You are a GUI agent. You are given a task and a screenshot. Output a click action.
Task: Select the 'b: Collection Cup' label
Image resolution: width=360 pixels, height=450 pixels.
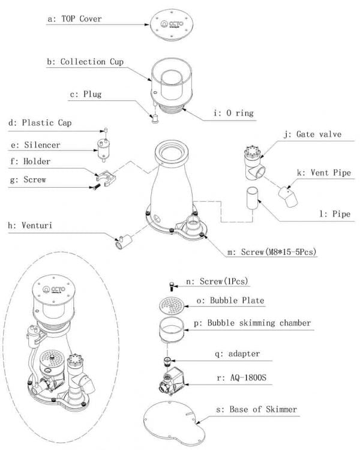pos(92,62)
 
